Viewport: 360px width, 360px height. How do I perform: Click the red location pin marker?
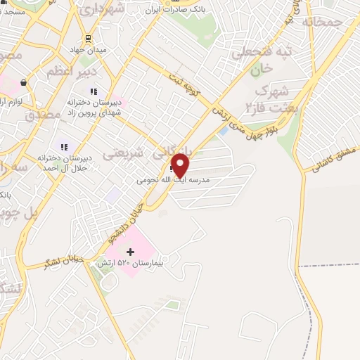(x=181, y=165)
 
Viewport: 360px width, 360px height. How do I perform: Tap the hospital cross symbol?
(x=130, y=252)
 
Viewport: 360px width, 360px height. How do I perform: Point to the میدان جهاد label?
(x=90, y=51)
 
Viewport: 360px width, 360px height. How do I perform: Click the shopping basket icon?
(x=24, y=83)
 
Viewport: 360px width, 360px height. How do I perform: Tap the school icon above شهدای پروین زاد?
(x=93, y=91)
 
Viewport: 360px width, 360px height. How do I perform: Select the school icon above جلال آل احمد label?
(x=64, y=147)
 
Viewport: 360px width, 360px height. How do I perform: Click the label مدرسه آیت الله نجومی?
(x=174, y=180)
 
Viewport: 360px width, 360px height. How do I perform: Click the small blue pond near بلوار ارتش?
(x=223, y=131)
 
